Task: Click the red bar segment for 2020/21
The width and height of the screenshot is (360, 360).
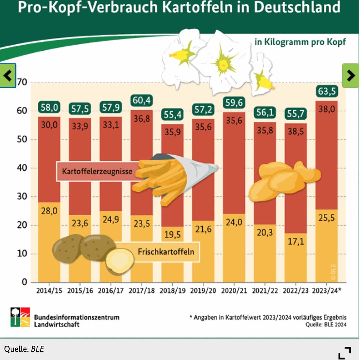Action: pyautogui.click(x=234, y=160)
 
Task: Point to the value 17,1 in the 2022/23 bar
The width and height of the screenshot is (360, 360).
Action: pyautogui.click(x=296, y=241)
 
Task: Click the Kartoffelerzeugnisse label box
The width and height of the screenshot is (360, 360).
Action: pyautogui.click(x=97, y=172)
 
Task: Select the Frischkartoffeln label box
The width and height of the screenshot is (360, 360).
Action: pyautogui.click(x=166, y=251)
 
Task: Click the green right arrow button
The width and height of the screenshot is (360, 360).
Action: pyautogui.click(x=351, y=76)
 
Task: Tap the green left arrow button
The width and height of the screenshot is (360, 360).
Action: pyautogui.click(x=8, y=76)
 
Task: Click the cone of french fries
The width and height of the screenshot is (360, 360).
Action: pyautogui.click(x=173, y=177)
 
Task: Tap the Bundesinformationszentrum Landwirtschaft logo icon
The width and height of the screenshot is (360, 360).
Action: pyautogui.click(x=20, y=317)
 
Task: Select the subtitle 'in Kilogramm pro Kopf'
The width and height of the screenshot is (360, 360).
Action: pyautogui.click(x=300, y=42)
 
